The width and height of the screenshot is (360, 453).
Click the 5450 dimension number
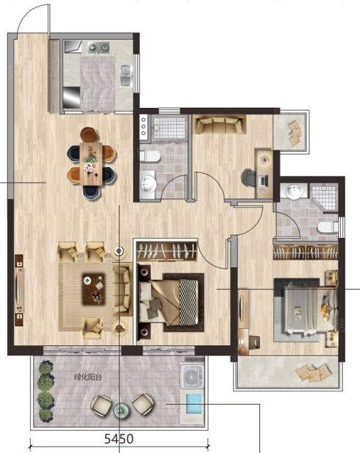[x=119, y=439]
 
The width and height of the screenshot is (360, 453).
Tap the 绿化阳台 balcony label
[x=88, y=377]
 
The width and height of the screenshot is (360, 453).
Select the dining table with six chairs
[x=91, y=163]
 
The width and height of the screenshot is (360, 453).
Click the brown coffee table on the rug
[x=94, y=289]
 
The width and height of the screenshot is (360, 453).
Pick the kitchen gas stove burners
[x=99, y=47]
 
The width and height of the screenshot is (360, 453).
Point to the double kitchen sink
[x=126, y=75]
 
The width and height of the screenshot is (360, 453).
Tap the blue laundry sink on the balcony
[x=193, y=403]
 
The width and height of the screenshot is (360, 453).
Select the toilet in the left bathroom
[x=150, y=156]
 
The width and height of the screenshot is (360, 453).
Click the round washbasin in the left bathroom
[x=148, y=184]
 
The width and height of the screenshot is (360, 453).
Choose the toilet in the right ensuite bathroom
[x=328, y=227]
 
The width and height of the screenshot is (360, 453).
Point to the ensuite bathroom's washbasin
[x=295, y=192]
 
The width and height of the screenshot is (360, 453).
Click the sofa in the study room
[x=219, y=124]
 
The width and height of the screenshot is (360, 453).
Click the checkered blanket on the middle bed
[x=188, y=302]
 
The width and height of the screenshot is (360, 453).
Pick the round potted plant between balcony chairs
[x=120, y=410]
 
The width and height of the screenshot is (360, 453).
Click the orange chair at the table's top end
[x=90, y=134]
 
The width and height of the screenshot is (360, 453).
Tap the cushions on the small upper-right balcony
[x=295, y=132]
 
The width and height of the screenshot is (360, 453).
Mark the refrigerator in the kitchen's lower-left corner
[x=71, y=98]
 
